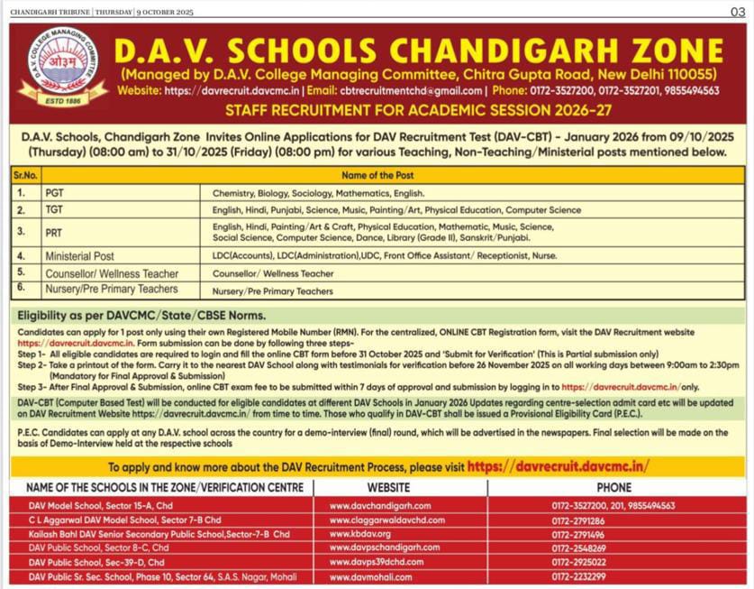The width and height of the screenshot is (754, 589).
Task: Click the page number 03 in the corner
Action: coord(736,11)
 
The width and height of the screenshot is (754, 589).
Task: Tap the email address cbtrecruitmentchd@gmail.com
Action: coord(411,90)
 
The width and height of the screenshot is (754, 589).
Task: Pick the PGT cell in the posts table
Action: coord(53,193)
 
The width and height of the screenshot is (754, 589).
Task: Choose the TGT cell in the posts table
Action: coord(53,210)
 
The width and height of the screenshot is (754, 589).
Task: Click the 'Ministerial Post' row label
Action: coord(80,256)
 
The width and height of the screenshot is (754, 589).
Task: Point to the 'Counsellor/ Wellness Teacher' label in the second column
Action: coord(112,273)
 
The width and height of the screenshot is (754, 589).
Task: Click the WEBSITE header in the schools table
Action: coord(400,487)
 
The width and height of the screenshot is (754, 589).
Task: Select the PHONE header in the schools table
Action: coord(613,487)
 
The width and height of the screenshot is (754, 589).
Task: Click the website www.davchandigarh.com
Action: coord(380,506)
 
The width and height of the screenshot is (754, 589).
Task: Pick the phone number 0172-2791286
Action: coord(578,520)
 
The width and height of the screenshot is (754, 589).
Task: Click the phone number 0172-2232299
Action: coord(578,576)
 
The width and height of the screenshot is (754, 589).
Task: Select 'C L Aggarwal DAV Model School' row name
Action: coord(124,520)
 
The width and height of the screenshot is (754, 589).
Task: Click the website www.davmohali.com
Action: coord(370,576)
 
